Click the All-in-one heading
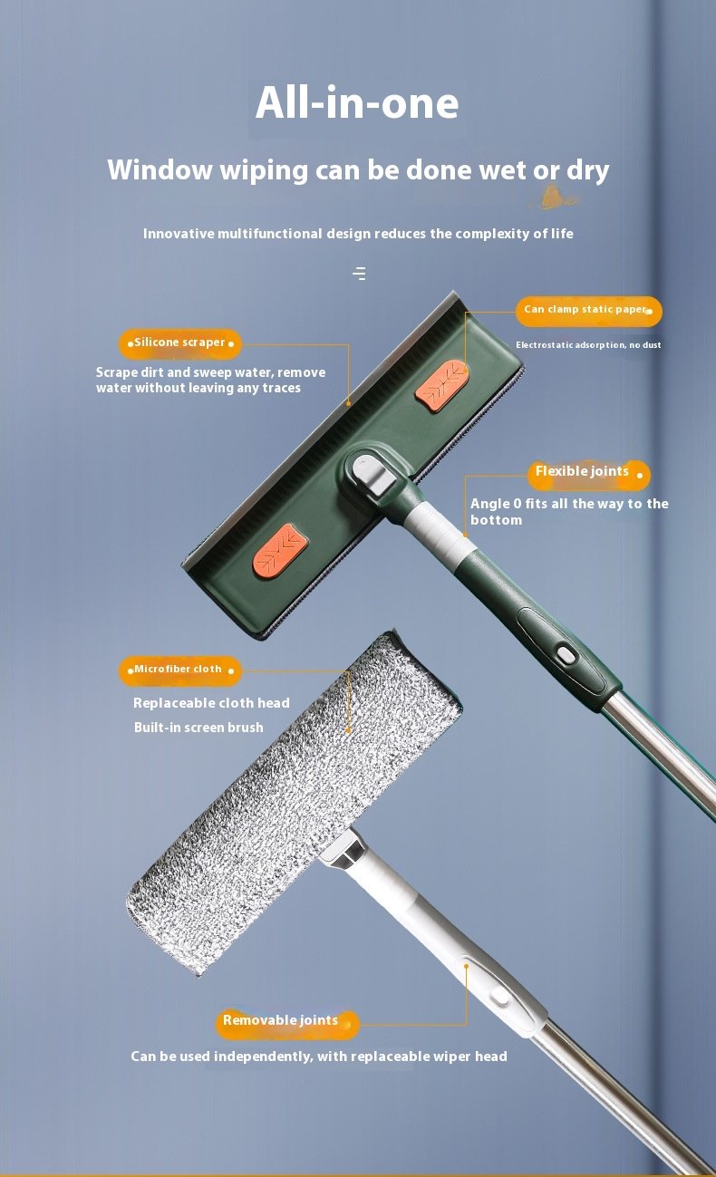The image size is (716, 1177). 357,103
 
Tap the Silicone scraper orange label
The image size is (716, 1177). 180,343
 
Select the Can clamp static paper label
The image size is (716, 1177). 588,311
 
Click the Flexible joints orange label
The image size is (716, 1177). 589,474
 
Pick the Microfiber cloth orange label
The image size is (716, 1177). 180,671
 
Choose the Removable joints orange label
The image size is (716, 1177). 287,1024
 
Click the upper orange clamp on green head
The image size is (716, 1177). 441,385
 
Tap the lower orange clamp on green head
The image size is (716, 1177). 280,549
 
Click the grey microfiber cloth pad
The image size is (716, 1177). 294,803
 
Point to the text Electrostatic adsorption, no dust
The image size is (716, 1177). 588,344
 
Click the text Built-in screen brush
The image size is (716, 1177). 198,728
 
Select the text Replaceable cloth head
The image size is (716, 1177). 211,702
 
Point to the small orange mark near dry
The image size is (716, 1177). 553,198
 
